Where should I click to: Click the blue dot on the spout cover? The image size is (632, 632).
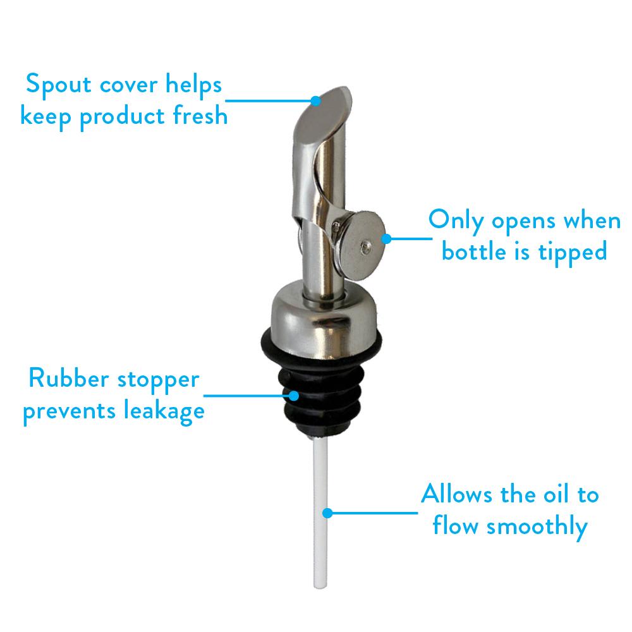coord(317,100)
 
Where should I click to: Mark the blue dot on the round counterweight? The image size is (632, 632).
coord(386,239)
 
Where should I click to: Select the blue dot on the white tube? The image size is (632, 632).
coord(328,513)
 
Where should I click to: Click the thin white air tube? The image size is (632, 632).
coord(320,506)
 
